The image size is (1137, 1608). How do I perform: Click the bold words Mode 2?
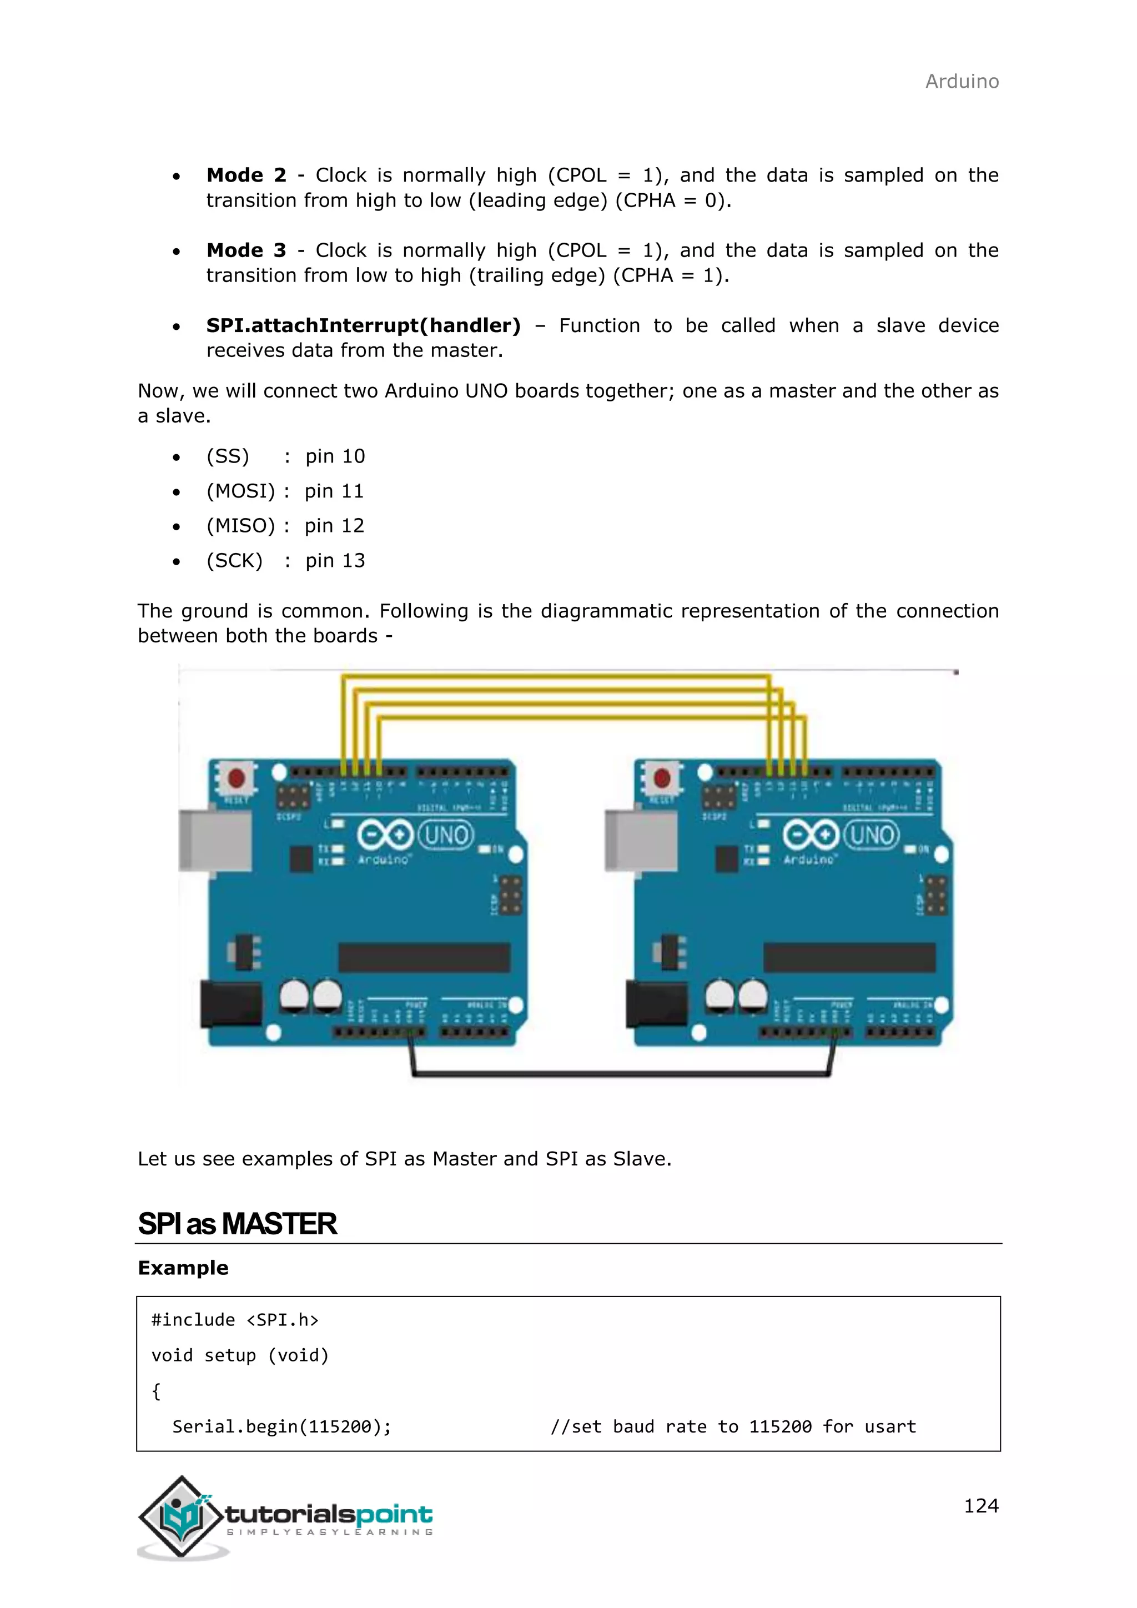(246, 175)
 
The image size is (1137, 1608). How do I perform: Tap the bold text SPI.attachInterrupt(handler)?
(364, 326)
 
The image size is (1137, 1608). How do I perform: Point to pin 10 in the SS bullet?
(335, 456)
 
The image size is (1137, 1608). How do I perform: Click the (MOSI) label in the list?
(240, 491)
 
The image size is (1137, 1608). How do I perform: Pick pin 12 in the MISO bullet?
(334, 526)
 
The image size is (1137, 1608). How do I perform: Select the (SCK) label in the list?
(234, 561)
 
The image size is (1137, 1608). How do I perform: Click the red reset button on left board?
(237, 778)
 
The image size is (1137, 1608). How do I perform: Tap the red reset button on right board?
(662, 777)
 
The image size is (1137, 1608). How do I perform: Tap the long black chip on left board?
(424, 957)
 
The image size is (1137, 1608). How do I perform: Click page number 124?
(980, 1506)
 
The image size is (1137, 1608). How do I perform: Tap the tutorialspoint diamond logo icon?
(182, 1517)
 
